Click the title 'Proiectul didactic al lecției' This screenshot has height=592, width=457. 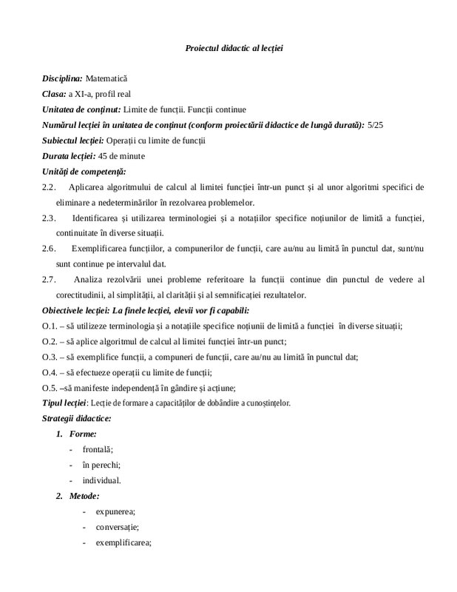[234, 48]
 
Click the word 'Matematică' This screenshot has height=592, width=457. [107, 78]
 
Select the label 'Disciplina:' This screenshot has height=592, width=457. [62, 78]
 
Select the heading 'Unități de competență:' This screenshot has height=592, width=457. [79, 172]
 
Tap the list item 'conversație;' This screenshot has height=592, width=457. [117, 527]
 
